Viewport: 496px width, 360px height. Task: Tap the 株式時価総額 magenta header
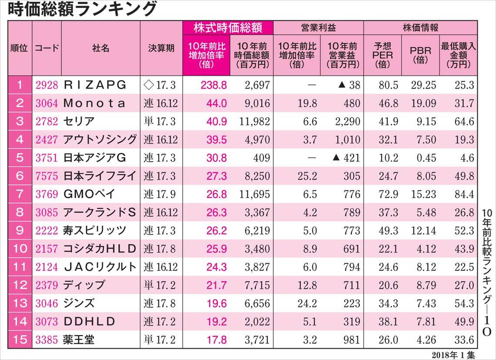[x=228, y=28]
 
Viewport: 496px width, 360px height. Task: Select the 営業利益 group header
[x=318, y=28]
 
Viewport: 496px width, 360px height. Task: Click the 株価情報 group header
[x=420, y=28]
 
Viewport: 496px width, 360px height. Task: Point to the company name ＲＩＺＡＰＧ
[x=95, y=85]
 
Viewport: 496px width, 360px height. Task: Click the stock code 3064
[x=47, y=103]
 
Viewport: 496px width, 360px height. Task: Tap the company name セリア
[x=79, y=121]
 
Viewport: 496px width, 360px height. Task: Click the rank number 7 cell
[x=19, y=194]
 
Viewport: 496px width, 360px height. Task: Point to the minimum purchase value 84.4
[x=462, y=194]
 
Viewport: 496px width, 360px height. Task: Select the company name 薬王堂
[x=79, y=340]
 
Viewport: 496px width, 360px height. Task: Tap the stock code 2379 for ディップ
[x=47, y=286]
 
